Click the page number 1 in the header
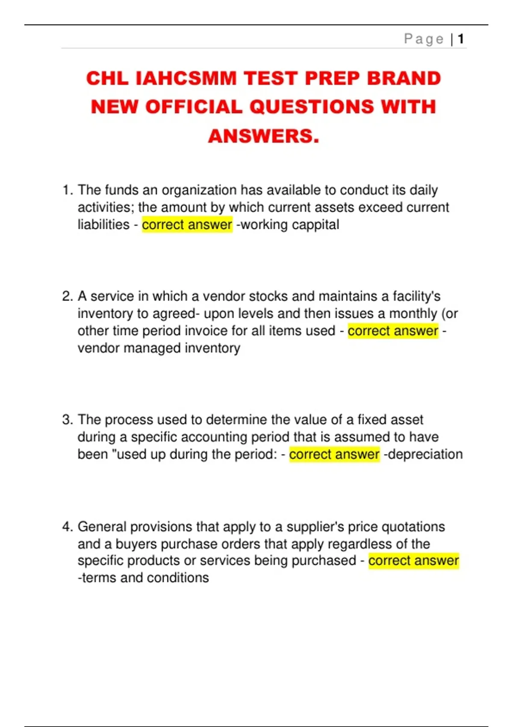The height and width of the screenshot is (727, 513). point(460,39)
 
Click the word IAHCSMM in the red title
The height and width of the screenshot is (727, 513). point(186,79)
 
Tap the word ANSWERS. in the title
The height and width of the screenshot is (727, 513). point(264,136)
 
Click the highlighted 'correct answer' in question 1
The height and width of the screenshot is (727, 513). point(187,225)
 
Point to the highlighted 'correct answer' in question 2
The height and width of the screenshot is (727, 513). point(393,331)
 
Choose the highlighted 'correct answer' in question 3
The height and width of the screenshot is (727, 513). point(334,454)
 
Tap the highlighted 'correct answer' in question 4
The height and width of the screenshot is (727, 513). point(413,561)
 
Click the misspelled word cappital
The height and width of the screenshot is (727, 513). point(316,225)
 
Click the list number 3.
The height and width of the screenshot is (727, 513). point(67,420)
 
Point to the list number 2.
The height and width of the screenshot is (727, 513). point(67,296)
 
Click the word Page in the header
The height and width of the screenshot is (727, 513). point(424,39)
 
